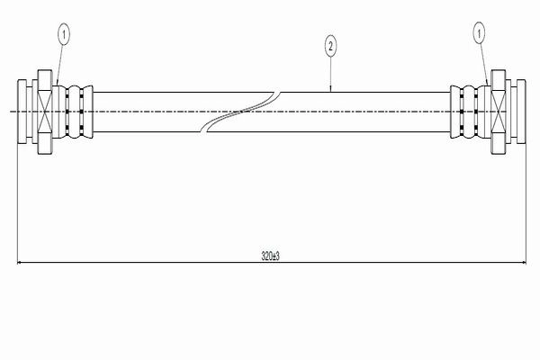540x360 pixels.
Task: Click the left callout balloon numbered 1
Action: [64, 35]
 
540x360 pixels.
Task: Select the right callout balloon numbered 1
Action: [479, 33]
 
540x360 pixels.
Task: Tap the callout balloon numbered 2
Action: [330, 46]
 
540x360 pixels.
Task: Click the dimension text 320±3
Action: [270, 256]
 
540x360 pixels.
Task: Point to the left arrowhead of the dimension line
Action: [20, 263]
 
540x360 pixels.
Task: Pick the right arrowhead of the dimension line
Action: [524, 263]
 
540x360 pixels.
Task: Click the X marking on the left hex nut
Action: [45, 112]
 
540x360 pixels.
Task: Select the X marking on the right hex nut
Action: [498, 112]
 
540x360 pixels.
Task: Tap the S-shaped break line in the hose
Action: [240, 112]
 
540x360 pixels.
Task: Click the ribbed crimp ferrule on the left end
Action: [75, 112]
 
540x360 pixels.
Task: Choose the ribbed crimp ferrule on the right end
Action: [468, 112]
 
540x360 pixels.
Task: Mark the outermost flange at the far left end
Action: [22, 112]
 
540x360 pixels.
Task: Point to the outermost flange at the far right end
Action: [521, 112]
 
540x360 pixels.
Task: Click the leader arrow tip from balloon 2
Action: [330, 91]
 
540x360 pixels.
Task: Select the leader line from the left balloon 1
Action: [60, 65]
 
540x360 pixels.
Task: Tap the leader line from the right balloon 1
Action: [484, 65]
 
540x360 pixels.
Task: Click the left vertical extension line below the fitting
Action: [17, 203]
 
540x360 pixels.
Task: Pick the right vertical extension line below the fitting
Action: [526, 203]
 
